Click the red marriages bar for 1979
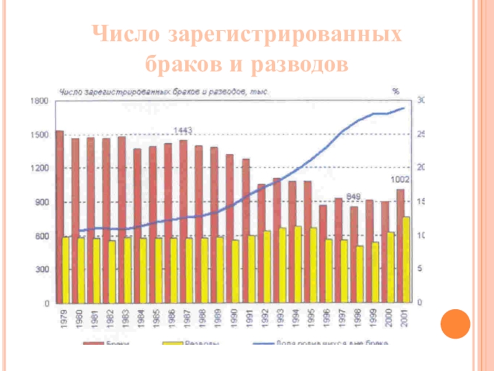(x=59, y=216)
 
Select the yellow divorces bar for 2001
(x=406, y=260)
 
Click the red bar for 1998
(x=354, y=254)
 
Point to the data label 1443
(x=182, y=130)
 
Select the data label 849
(x=353, y=197)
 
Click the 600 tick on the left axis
(x=41, y=236)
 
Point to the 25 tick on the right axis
(x=421, y=134)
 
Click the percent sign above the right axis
(x=395, y=91)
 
